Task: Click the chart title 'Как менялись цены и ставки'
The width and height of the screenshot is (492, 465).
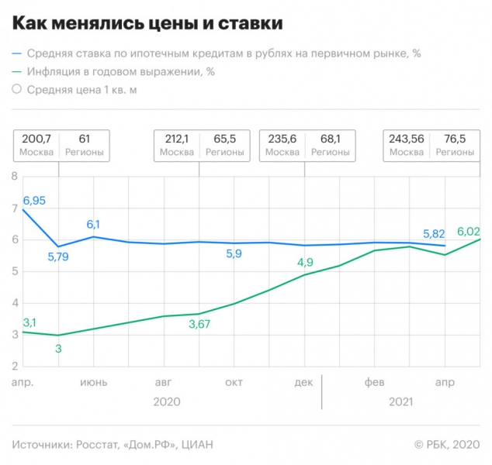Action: [147, 23]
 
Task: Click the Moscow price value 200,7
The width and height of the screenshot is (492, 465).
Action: [36, 139]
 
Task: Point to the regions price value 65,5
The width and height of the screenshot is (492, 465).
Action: [224, 139]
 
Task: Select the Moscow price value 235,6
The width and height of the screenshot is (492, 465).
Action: [282, 139]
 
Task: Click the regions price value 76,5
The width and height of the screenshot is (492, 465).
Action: [454, 139]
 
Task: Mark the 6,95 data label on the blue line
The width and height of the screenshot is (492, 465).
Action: [34, 201]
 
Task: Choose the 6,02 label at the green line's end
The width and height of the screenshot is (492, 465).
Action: [468, 231]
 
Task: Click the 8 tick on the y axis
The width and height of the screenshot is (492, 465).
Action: [13, 177]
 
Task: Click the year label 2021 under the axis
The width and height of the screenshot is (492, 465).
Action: [400, 401]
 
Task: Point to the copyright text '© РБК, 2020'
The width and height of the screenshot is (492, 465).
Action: [445, 444]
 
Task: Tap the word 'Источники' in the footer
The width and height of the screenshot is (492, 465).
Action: [40, 444]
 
